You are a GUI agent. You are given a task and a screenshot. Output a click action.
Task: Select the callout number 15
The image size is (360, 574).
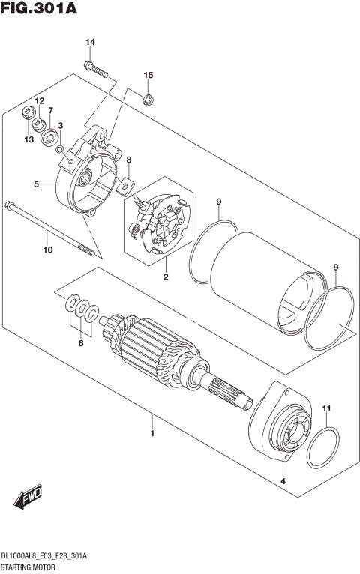[x=148, y=75]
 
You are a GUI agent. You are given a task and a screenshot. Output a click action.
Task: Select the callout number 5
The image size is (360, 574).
[x=35, y=184]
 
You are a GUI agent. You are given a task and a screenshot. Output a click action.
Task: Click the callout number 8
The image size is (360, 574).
[x=128, y=160]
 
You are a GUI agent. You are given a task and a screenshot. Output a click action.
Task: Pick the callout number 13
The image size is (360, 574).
[x=28, y=139]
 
